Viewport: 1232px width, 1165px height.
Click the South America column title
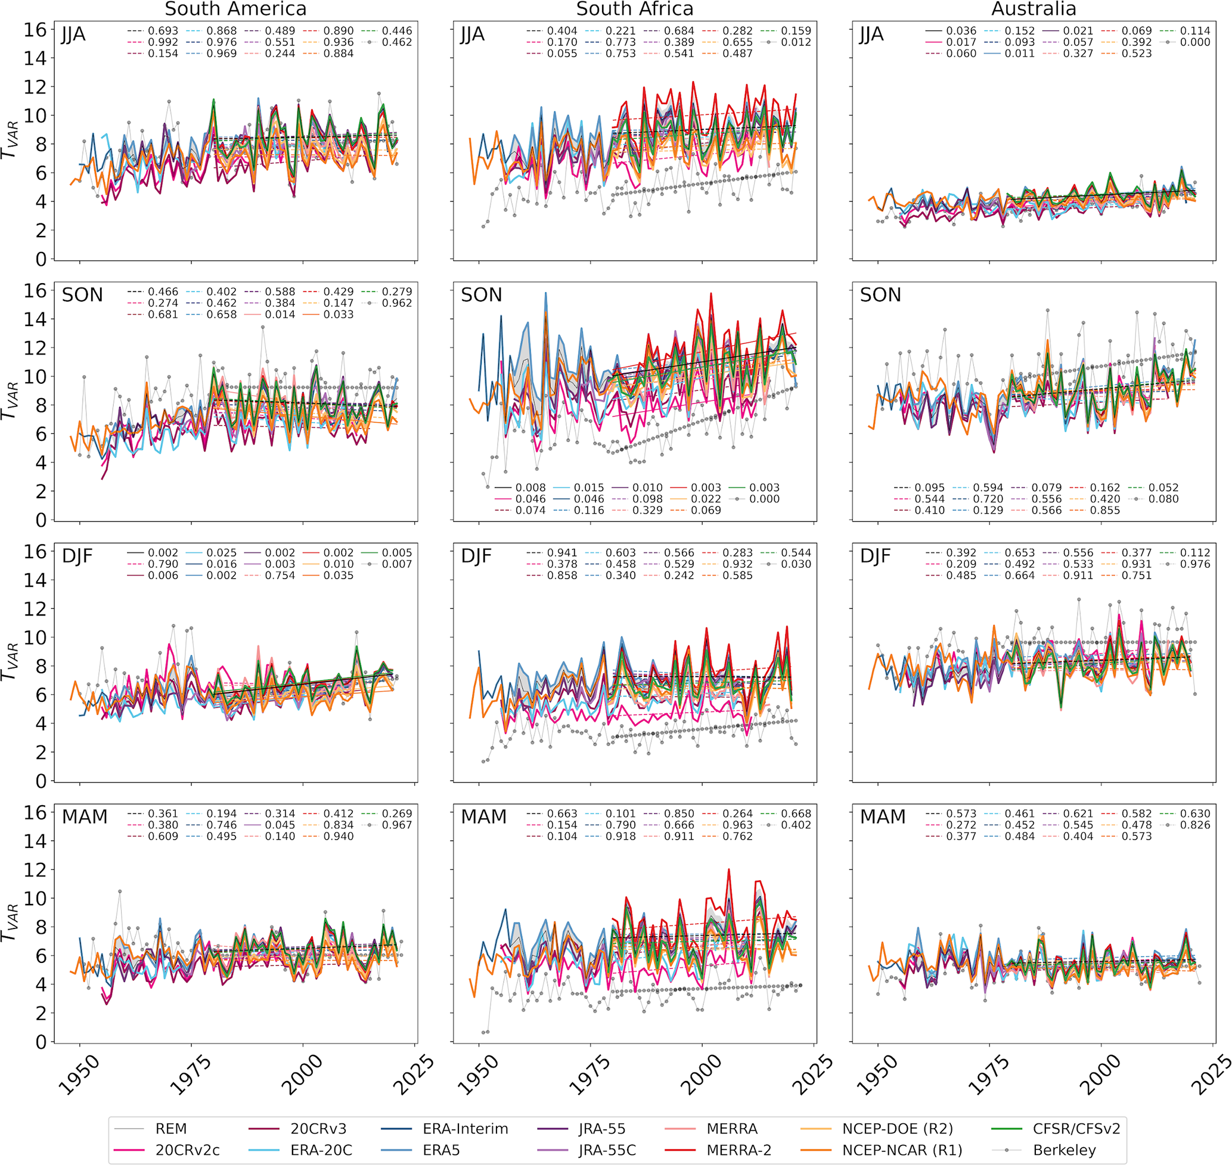point(235,10)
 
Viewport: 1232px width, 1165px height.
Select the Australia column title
point(1034,10)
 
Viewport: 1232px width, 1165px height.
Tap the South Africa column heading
point(634,10)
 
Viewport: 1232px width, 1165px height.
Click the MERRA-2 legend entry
point(738,1150)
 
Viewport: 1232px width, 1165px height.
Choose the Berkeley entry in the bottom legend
point(1065,1150)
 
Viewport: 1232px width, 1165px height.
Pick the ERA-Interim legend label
point(465,1129)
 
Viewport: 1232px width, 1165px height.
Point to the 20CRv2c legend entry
point(187,1150)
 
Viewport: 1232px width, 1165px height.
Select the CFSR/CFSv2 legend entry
point(1076,1129)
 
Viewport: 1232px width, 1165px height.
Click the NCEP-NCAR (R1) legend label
point(902,1150)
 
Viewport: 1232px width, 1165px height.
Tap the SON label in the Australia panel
point(880,295)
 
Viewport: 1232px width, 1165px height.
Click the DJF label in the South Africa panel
point(481,556)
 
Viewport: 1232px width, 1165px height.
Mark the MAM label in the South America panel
point(85,816)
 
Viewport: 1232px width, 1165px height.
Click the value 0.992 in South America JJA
point(163,42)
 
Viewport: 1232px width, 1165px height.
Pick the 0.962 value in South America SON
point(397,303)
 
